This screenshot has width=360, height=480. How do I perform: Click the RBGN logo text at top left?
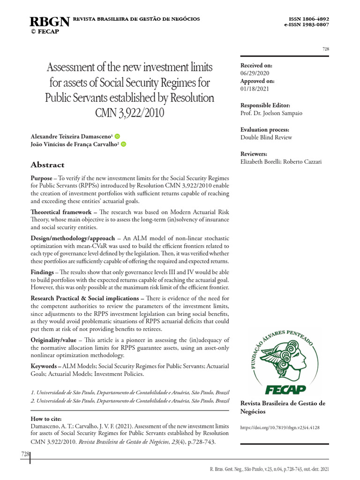click(x=50, y=22)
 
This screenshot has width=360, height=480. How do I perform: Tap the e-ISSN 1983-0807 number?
click(x=307, y=25)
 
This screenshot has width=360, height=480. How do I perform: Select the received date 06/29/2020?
click(x=255, y=73)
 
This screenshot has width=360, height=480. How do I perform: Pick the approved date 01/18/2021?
click(x=255, y=89)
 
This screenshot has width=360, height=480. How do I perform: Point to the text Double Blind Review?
click(x=266, y=137)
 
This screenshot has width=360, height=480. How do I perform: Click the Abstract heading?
click(x=47, y=165)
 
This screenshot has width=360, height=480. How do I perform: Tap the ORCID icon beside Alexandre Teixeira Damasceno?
click(x=117, y=136)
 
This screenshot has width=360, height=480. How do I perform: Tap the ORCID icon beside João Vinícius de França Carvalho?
click(x=124, y=144)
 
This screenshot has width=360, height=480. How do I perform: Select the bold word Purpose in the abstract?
click(x=41, y=179)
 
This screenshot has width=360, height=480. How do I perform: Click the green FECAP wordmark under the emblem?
click(x=285, y=390)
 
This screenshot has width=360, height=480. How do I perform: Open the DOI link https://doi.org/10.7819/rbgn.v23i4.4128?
click(x=280, y=428)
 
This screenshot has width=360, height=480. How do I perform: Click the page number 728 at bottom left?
click(x=25, y=454)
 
